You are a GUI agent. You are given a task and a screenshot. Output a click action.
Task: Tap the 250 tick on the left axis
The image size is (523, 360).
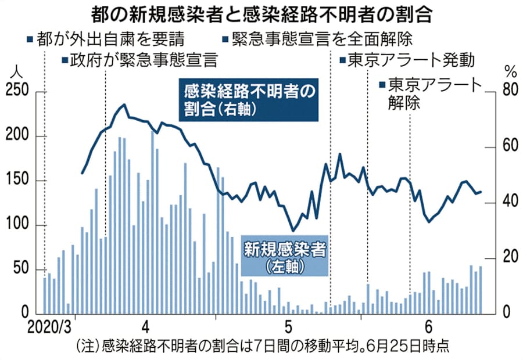click(16, 92)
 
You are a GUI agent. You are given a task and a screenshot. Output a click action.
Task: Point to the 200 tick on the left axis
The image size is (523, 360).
click(16, 136)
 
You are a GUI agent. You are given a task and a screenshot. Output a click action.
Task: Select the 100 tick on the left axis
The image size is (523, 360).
click(16, 226)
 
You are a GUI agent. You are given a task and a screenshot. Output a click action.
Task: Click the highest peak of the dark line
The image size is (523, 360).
click(124, 105)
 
